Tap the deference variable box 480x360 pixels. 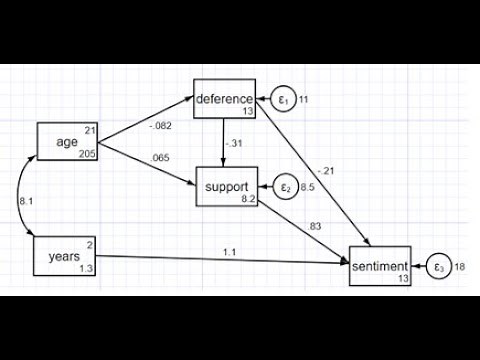(224, 99)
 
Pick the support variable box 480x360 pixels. (225, 188)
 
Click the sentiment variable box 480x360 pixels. (380, 266)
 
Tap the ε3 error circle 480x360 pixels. (438, 266)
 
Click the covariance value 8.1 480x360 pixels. (25, 201)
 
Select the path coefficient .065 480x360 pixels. (159, 159)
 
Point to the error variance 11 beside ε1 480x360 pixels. (305, 99)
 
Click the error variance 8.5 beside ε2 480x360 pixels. (309, 186)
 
